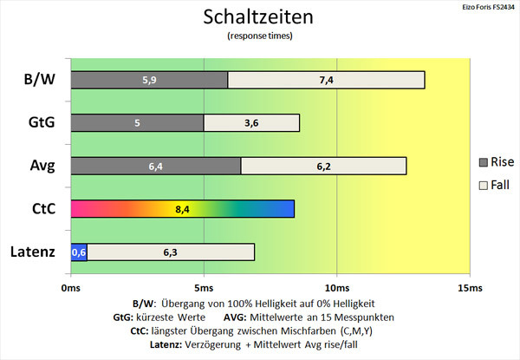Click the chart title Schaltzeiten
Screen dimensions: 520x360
(258, 17)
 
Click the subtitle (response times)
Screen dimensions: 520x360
(260, 36)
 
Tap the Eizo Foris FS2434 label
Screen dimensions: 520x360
(488, 7)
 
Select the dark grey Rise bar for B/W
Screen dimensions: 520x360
(149, 80)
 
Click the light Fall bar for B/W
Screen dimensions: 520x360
(327, 80)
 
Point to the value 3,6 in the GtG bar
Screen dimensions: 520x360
(251, 123)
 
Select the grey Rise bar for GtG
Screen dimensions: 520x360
(137, 123)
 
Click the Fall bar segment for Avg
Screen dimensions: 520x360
(323, 166)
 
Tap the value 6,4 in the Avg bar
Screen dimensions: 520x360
(155, 167)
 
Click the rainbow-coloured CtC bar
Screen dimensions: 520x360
(182, 209)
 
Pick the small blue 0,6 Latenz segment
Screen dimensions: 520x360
(79, 252)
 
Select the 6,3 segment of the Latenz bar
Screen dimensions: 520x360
(171, 252)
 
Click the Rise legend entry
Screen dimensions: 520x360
(497, 162)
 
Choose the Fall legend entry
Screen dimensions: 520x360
(494, 185)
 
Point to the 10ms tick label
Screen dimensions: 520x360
(337, 288)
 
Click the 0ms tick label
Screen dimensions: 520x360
(71, 288)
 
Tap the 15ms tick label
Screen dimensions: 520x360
(470, 288)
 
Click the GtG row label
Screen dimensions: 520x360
(42, 122)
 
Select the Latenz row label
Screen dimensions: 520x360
(33, 252)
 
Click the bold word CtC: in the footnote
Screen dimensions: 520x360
(140, 331)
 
